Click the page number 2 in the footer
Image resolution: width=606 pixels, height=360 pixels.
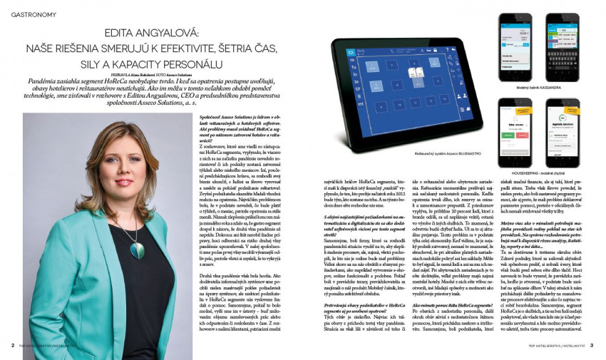[13, 346]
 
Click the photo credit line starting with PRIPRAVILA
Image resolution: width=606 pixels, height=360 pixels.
[150, 73]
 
